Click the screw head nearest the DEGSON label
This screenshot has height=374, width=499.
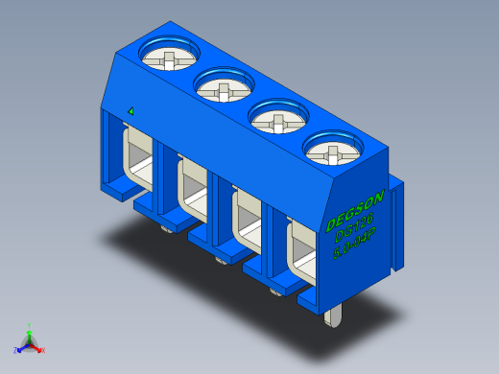tap(333, 151)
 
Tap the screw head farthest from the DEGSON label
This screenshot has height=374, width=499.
tap(170, 58)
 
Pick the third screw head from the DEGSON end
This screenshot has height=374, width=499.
tap(225, 89)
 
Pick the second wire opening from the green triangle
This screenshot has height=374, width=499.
tap(190, 192)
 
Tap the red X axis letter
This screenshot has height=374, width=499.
tap(43, 350)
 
